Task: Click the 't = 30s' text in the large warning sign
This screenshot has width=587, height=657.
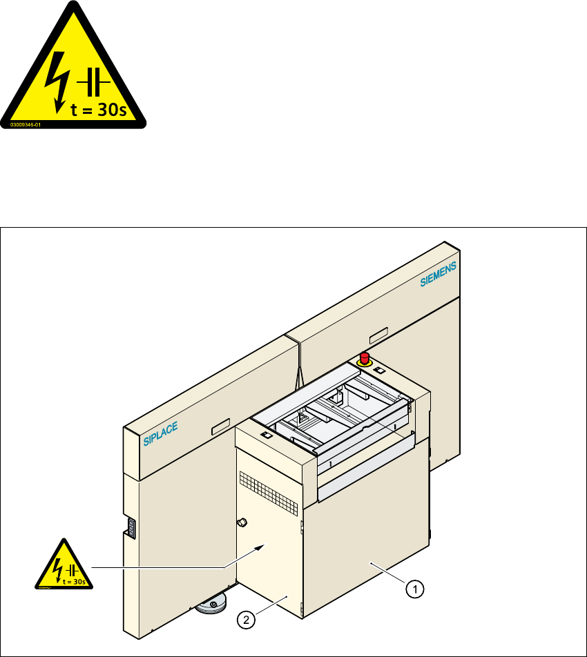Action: (99, 110)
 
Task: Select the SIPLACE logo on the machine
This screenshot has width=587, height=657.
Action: (161, 435)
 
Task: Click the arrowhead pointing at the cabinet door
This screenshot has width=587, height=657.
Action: (258, 547)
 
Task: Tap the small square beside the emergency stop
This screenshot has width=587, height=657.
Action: (378, 370)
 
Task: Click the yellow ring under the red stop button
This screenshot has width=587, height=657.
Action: (365, 362)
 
